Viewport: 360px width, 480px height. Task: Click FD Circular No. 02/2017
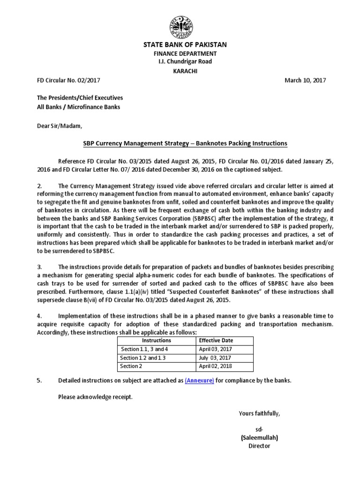[x=68, y=80]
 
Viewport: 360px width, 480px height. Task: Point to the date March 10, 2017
[x=305, y=80]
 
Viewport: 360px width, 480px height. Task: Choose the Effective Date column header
[x=216, y=340]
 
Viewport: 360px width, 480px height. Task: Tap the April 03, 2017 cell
[x=215, y=349]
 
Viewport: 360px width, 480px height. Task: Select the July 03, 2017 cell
[x=215, y=358]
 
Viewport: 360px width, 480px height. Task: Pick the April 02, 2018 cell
[x=215, y=366]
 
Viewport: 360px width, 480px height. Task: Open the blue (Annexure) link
[x=199, y=381]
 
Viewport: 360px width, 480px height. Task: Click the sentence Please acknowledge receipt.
[x=95, y=397]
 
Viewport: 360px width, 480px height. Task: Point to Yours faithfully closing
[x=259, y=413]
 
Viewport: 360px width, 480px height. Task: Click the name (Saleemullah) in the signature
[x=259, y=438]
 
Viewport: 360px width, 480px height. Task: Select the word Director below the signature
[x=259, y=446]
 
